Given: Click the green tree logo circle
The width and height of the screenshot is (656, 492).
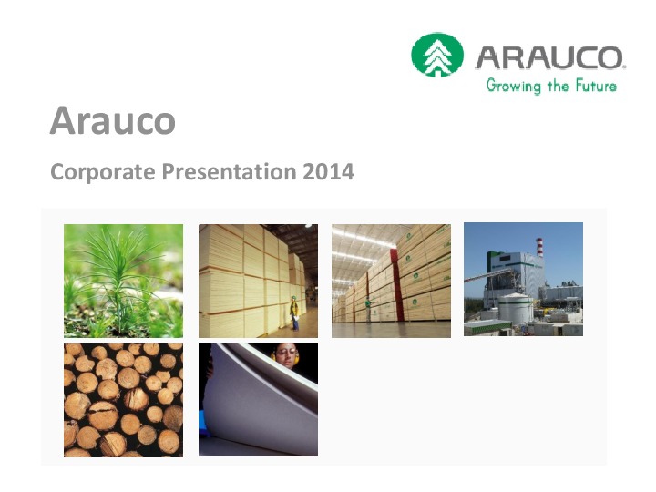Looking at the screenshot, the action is tap(437, 55).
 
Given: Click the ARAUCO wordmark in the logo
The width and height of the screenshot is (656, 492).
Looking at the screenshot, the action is tap(549, 57).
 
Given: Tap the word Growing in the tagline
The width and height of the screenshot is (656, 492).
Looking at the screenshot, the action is tap(513, 86).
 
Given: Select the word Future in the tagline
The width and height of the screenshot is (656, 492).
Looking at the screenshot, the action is tap(596, 86).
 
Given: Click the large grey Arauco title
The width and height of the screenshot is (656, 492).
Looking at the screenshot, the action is tap(113, 120).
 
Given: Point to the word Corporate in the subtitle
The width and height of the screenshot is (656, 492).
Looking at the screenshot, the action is tap(102, 172).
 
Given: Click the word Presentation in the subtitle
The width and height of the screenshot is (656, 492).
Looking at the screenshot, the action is tap(229, 171).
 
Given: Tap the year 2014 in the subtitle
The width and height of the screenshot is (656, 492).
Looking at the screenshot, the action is tap(328, 171).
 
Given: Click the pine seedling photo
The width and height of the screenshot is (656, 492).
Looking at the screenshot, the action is tap(123, 281).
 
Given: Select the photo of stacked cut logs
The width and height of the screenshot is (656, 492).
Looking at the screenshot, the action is tap(123, 400).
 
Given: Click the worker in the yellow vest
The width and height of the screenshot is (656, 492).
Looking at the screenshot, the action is tap(294, 313).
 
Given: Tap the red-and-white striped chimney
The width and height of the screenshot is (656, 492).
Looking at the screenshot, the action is tap(539, 247).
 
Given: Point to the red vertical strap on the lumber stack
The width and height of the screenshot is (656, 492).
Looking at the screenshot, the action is tap(396, 286).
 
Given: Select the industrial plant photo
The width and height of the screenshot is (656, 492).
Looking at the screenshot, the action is tap(523, 279).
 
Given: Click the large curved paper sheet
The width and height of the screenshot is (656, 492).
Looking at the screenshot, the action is tap(260, 402).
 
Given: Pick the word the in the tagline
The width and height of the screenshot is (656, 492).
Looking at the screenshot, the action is tap(559, 86).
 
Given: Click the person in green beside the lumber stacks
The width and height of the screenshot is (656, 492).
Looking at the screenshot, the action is tap(368, 309).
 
